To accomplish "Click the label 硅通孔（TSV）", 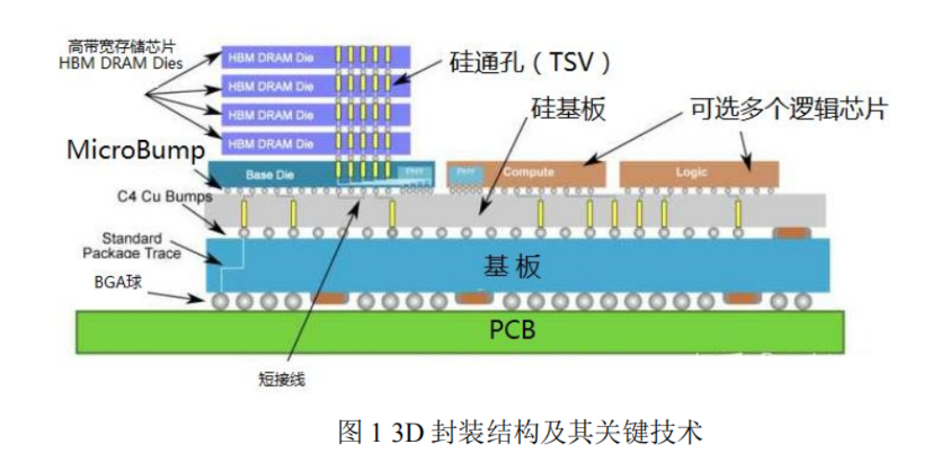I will point(534,63).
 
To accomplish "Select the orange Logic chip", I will point(698,173).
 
